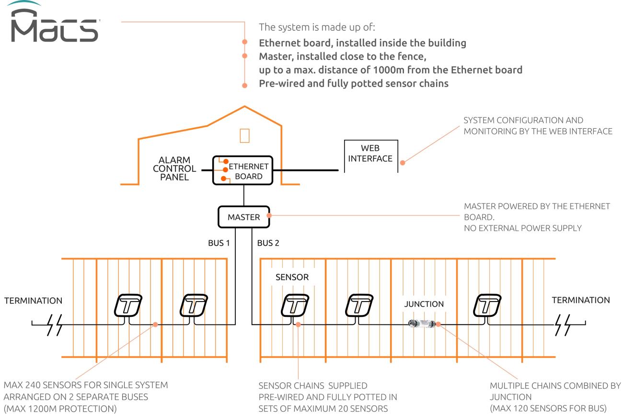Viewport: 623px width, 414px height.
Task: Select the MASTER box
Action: [x=243, y=217]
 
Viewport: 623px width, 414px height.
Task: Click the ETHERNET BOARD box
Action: [x=244, y=170]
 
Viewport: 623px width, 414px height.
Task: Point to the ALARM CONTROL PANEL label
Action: [x=177, y=168]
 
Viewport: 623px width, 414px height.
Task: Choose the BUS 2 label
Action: [x=267, y=244]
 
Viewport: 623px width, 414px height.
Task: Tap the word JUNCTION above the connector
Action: [x=424, y=304]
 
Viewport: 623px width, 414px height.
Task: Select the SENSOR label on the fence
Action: [x=292, y=277]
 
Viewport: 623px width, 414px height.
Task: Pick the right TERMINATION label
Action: [x=581, y=301]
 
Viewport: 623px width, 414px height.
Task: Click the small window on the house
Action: [x=244, y=136]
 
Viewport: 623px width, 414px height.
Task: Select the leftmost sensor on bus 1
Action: [x=128, y=306]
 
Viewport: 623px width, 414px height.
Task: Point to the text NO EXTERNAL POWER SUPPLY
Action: [x=523, y=228]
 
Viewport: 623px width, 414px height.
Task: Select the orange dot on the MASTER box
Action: [x=269, y=215]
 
